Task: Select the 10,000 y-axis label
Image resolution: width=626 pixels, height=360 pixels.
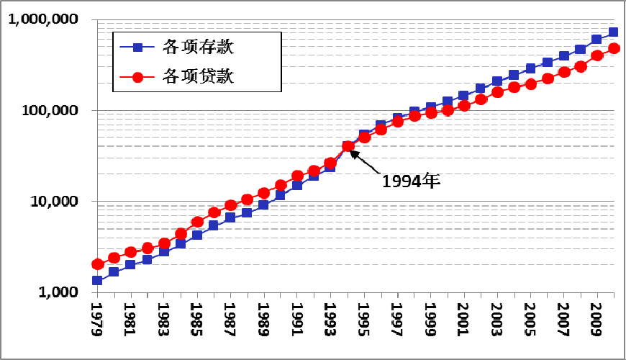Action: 55,202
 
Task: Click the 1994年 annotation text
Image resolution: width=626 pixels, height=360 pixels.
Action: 411,180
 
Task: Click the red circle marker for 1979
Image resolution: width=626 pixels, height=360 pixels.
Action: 97,264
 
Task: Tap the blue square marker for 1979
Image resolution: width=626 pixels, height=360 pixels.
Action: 97,281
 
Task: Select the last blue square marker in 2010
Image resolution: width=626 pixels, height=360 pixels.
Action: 613,32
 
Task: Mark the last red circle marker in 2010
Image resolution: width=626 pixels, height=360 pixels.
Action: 614,49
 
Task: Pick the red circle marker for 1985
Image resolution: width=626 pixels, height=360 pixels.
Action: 197,222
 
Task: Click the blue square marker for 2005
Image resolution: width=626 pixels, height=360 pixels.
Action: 530,68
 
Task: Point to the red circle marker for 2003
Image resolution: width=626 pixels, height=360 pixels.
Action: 497,92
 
